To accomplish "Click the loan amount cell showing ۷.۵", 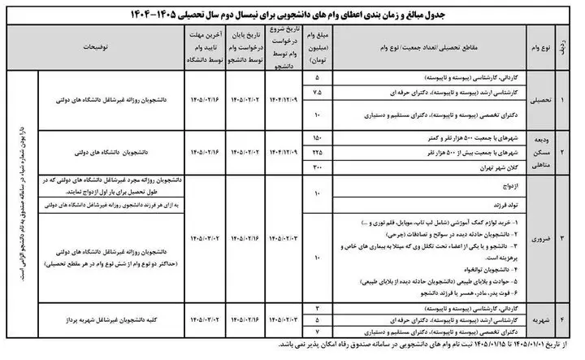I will pyautogui.click(x=316, y=92).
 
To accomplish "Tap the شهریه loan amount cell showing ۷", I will pyautogui.click(x=316, y=332).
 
